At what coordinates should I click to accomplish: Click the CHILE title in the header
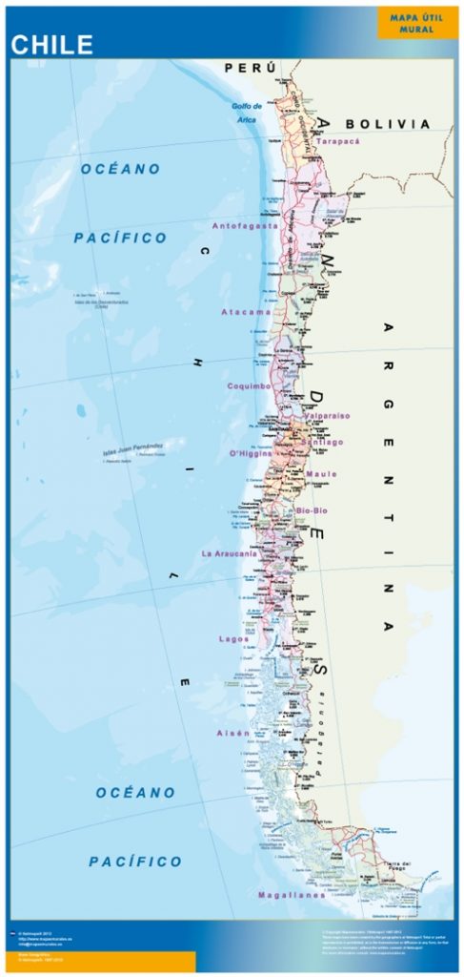click(x=52, y=45)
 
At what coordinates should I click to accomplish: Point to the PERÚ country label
click(x=250, y=68)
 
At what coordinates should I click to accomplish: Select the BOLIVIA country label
click(x=388, y=124)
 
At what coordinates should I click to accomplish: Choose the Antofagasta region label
click(x=245, y=226)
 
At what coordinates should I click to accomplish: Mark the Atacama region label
click(x=246, y=312)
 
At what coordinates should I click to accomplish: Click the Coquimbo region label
click(x=250, y=386)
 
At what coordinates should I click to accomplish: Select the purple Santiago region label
click(x=321, y=443)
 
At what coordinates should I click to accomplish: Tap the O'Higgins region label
click(x=252, y=452)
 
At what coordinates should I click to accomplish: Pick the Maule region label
click(x=321, y=474)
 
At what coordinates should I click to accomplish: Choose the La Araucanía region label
click(x=229, y=553)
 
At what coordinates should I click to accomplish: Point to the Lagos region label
click(x=233, y=638)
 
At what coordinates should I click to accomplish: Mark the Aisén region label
click(x=233, y=733)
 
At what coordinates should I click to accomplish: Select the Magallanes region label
click(x=292, y=895)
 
